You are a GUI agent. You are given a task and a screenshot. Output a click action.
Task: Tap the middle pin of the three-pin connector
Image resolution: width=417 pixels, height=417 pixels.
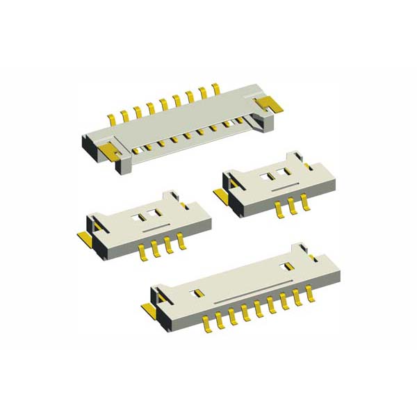tap(291, 206)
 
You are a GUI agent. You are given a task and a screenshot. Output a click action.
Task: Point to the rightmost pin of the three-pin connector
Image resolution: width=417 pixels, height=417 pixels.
tap(304, 202)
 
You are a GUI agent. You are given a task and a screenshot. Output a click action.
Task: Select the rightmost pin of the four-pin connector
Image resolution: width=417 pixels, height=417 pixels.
tap(183, 241)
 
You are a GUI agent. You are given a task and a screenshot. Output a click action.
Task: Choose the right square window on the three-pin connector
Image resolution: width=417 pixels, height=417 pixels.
tap(284, 171)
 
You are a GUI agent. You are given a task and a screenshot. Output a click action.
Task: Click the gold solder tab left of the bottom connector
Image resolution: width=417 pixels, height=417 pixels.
tap(149, 309)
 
